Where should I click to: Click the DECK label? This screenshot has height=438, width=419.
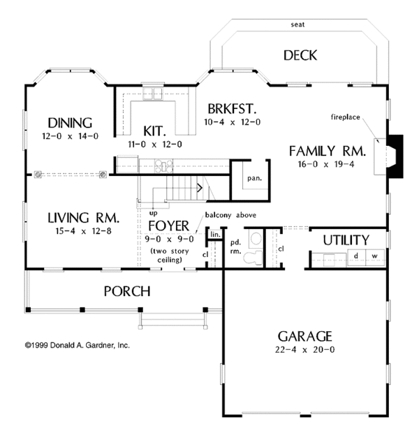click(300, 55)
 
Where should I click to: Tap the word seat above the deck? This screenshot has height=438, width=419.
click(297, 24)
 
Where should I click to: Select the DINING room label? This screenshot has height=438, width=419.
click(70, 123)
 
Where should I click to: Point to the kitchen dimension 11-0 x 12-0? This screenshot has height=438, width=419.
click(155, 145)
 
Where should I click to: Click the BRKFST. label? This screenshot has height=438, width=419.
click(232, 109)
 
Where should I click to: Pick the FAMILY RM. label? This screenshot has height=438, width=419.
click(327, 151)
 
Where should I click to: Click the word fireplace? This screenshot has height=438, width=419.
click(345, 117)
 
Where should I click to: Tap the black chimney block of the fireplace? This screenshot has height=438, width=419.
click(395, 156)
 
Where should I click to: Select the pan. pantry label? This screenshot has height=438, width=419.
click(254, 178)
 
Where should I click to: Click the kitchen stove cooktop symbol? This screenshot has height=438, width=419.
click(163, 166)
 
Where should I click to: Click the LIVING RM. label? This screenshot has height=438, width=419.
click(84, 218)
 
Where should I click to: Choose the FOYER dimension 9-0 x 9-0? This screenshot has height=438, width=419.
click(169, 239)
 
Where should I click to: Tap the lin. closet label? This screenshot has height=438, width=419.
click(215, 234)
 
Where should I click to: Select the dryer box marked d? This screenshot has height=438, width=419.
click(356, 256)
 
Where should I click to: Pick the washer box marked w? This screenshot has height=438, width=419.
click(375, 256)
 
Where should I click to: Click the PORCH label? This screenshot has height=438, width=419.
click(127, 291)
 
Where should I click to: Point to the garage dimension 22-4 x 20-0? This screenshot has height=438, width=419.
click(304, 350)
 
